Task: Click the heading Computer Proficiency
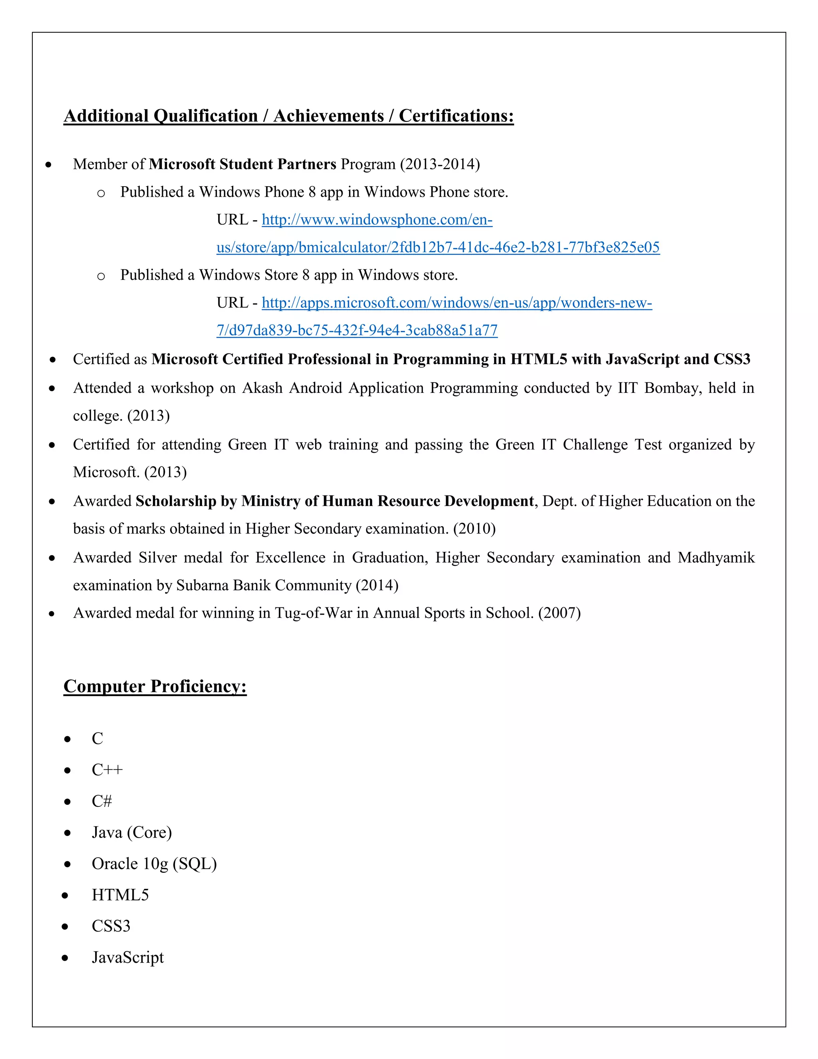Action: [x=155, y=686]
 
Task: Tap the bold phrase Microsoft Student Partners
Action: [x=242, y=164]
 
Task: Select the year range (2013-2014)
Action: [x=439, y=164]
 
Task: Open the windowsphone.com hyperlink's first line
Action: [x=377, y=220]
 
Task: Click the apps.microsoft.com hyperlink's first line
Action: [x=457, y=303]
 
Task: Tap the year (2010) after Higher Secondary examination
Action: [x=474, y=529]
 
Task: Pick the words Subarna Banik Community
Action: [x=264, y=585]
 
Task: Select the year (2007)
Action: [x=559, y=613]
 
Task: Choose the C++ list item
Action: [x=107, y=770]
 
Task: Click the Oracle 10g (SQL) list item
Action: [x=154, y=864]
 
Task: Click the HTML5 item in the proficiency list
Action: [x=120, y=895]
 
